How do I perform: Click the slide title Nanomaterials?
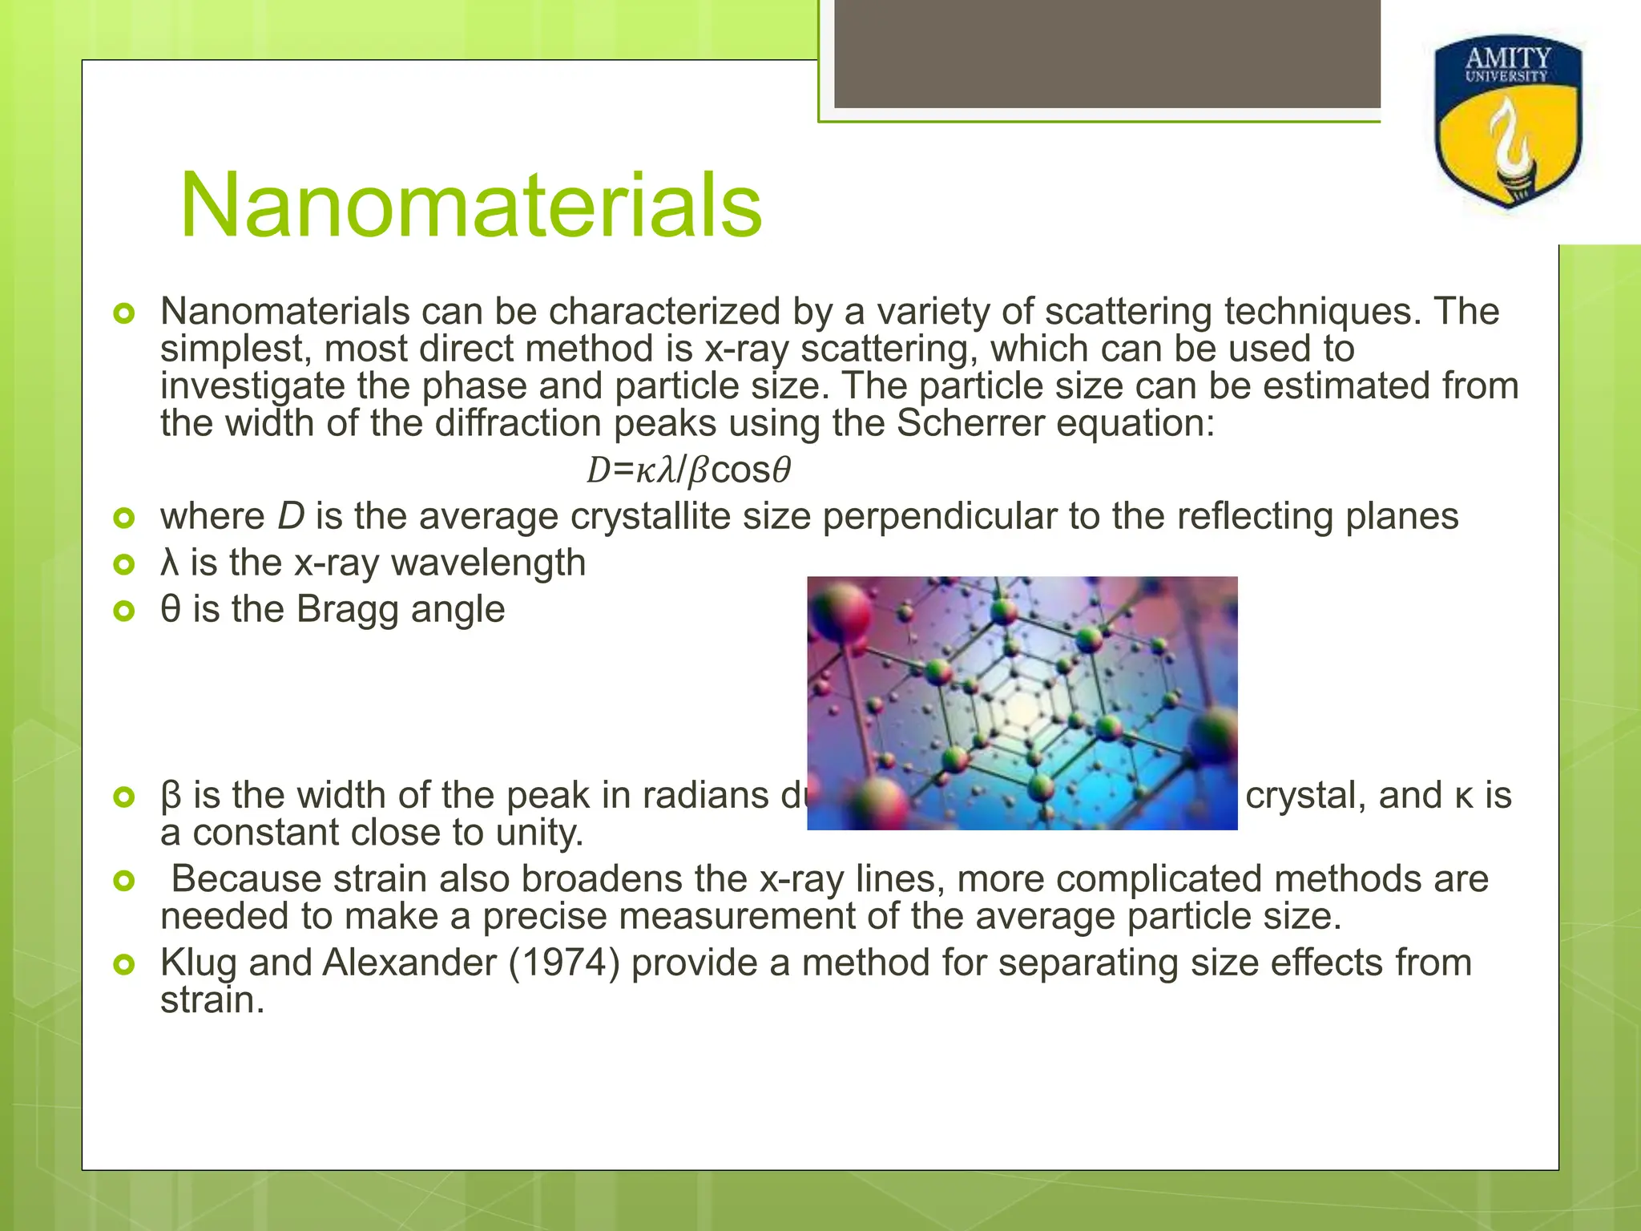pos(471,207)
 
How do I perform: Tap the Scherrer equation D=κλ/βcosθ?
pos(689,471)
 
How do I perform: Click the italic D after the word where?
pos(291,517)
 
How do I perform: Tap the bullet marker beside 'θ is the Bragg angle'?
pos(124,611)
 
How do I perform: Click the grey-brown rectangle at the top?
pos(1107,53)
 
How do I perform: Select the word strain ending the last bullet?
pos(212,1000)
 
